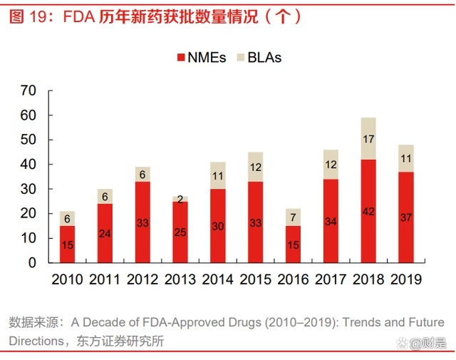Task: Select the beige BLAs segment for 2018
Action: tap(368, 138)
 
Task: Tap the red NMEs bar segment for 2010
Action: tap(67, 245)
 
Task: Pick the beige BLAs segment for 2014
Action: tap(217, 175)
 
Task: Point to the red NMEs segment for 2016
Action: tap(293, 245)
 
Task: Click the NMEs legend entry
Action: tap(200, 58)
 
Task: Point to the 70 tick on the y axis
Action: tap(28, 91)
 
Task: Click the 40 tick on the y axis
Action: tap(28, 164)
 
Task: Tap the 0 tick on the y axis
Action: tap(32, 262)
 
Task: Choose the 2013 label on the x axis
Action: tap(180, 279)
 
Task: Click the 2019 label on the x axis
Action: tap(406, 279)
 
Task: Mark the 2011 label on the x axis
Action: tap(105, 279)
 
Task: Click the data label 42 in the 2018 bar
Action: tap(368, 211)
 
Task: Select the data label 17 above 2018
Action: tap(368, 139)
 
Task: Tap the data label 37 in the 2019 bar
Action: tap(406, 217)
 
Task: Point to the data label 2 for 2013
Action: tap(180, 200)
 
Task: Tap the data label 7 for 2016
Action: tap(293, 217)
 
